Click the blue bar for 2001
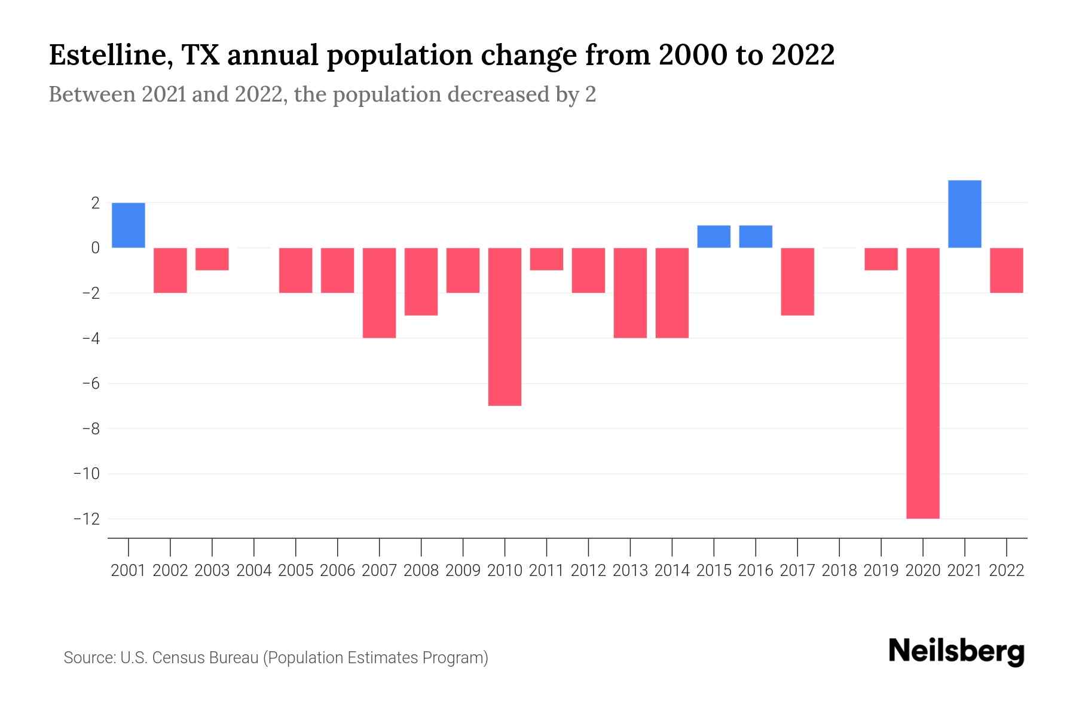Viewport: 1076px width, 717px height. (x=129, y=225)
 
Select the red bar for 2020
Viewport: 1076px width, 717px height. (x=923, y=383)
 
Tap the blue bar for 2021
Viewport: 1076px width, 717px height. (x=965, y=214)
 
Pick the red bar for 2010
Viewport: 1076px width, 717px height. (x=505, y=327)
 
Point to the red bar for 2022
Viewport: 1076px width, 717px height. (x=1007, y=270)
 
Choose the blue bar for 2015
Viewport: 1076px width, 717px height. (x=714, y=237)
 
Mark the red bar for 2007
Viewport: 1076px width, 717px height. (x=379, y=293)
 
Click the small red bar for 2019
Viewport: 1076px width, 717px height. (x=881, y=259)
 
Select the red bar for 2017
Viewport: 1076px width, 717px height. (x=797, y=281)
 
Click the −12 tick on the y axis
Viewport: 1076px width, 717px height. (x=86, y=519)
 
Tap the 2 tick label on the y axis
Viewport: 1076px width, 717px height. (x=95, y=203)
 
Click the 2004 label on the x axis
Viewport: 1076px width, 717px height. (x=254, y=571)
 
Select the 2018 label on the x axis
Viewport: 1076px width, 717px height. (x=839, y=571)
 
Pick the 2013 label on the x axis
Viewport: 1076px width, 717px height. (x=630, y=571)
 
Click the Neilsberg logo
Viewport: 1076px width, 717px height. (x=956, y=652)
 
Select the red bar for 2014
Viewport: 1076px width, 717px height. (x=672, y=293)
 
